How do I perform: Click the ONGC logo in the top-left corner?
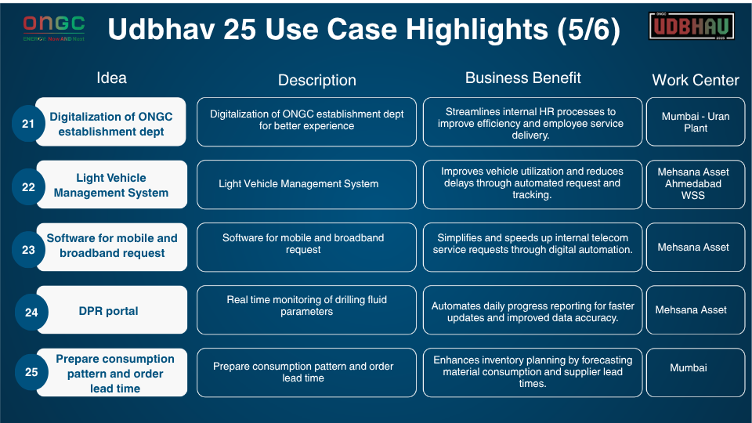[54, 27]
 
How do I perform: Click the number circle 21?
[28, 124]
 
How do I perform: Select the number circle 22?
[28, 186]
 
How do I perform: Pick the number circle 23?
[28, 250]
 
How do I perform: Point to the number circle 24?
[31, 312]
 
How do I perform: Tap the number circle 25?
[31, 372]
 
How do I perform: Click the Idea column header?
[111, 78]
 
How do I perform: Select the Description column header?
[316, 80]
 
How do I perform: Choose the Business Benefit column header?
[523, 78]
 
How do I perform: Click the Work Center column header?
[696, 80]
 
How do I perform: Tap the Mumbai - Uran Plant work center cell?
[696, 122]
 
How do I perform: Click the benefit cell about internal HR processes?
[532, 123]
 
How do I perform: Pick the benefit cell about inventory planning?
[532, 371]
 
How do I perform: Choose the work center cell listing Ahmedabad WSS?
[696, 183]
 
